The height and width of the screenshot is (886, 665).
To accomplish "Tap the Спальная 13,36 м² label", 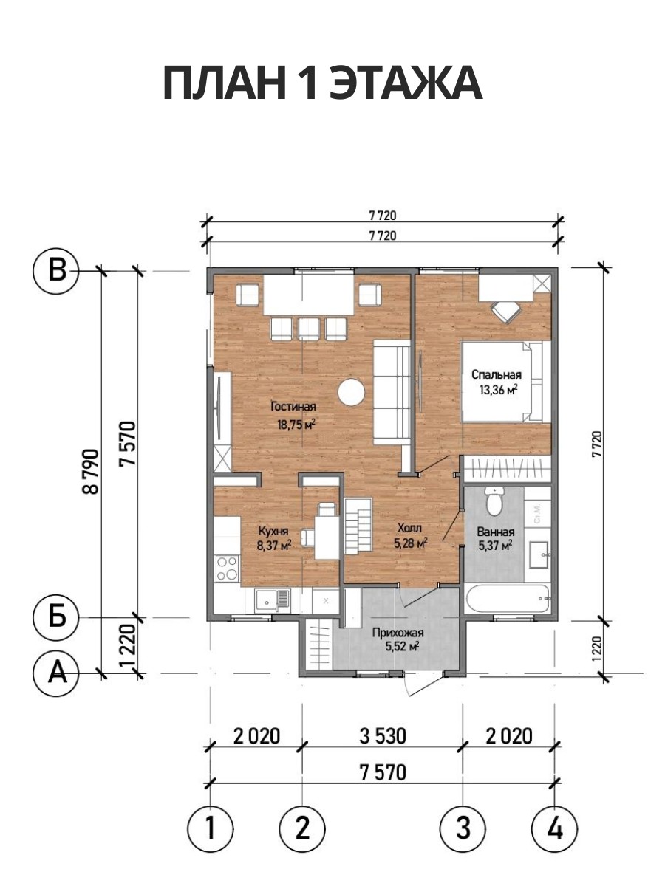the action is tap(497, 382).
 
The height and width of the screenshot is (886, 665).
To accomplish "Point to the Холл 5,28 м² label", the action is tap(411, 535).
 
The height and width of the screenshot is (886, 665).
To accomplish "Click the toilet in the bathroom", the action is tap(494, 501).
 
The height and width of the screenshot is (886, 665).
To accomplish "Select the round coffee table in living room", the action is tap(351, 391).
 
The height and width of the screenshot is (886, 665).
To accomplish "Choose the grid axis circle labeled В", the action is tap(56, 271).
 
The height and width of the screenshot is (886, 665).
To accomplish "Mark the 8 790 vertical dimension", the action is tap(91, 471).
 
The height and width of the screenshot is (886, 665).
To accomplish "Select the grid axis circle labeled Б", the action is tap(56, 617).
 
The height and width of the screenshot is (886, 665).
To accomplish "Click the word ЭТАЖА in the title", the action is tap(405, 83).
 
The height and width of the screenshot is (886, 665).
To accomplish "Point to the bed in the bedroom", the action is tap(506, 382).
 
